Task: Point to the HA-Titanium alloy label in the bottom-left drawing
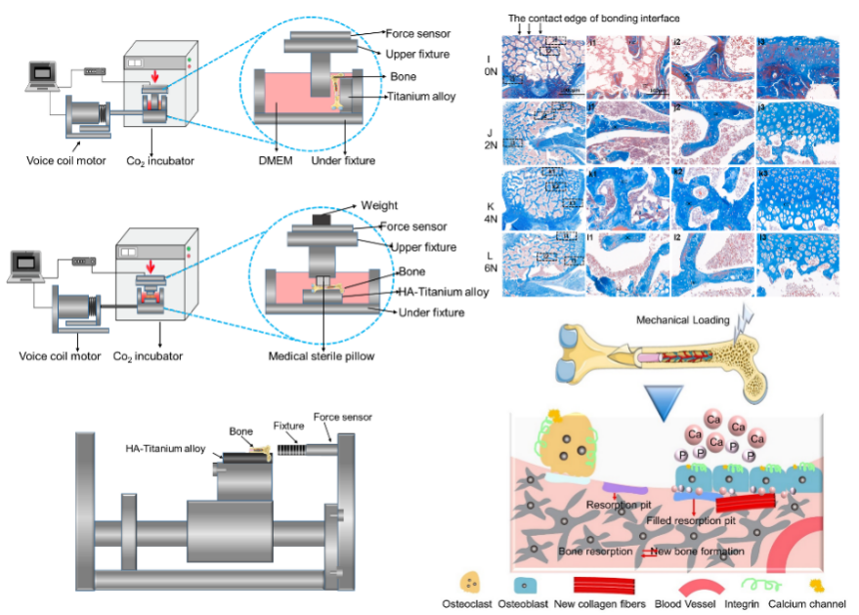(x=165, y=449)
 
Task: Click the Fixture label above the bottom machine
(x=288, y=426)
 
